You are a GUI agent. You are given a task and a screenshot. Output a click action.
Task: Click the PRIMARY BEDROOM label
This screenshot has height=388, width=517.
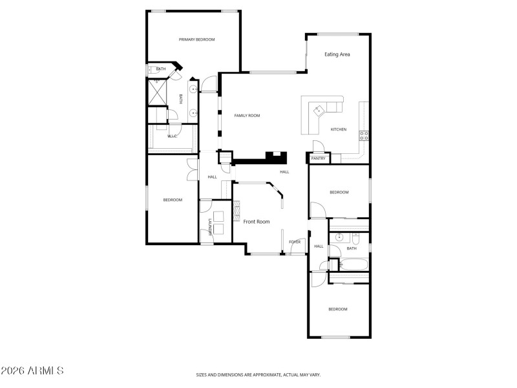coord(196,39)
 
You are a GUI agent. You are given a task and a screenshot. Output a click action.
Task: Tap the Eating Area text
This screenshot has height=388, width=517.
coord(337,54)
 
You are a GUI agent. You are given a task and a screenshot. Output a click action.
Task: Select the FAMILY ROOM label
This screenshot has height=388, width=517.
coord(247,115)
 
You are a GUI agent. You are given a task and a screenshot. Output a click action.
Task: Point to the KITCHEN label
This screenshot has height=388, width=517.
coord(339,129)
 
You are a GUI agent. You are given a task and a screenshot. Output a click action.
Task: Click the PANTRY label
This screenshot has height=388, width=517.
coord(318,158)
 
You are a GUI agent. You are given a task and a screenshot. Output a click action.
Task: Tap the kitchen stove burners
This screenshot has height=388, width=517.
coord(364,136)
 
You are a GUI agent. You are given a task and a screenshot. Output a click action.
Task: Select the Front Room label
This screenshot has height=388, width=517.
coord(256,221)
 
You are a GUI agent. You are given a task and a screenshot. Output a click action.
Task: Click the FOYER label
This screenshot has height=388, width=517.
coord(295,242)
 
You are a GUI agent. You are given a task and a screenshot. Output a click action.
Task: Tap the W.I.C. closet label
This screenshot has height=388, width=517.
coord(173,136)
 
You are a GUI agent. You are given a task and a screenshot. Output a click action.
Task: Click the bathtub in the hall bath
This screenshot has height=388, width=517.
coord(353,264)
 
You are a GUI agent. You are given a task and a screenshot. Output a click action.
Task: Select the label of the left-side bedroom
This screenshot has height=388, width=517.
coord(172,200)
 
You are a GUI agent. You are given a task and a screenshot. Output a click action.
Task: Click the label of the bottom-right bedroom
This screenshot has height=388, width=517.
coord(337,309)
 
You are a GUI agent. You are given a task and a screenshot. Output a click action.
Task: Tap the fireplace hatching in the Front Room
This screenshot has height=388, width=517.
coord(237,208)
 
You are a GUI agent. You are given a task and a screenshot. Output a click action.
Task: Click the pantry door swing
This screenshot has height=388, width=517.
coord(317,145)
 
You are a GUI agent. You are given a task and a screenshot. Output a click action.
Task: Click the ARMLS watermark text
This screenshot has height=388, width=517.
coord(32,371)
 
